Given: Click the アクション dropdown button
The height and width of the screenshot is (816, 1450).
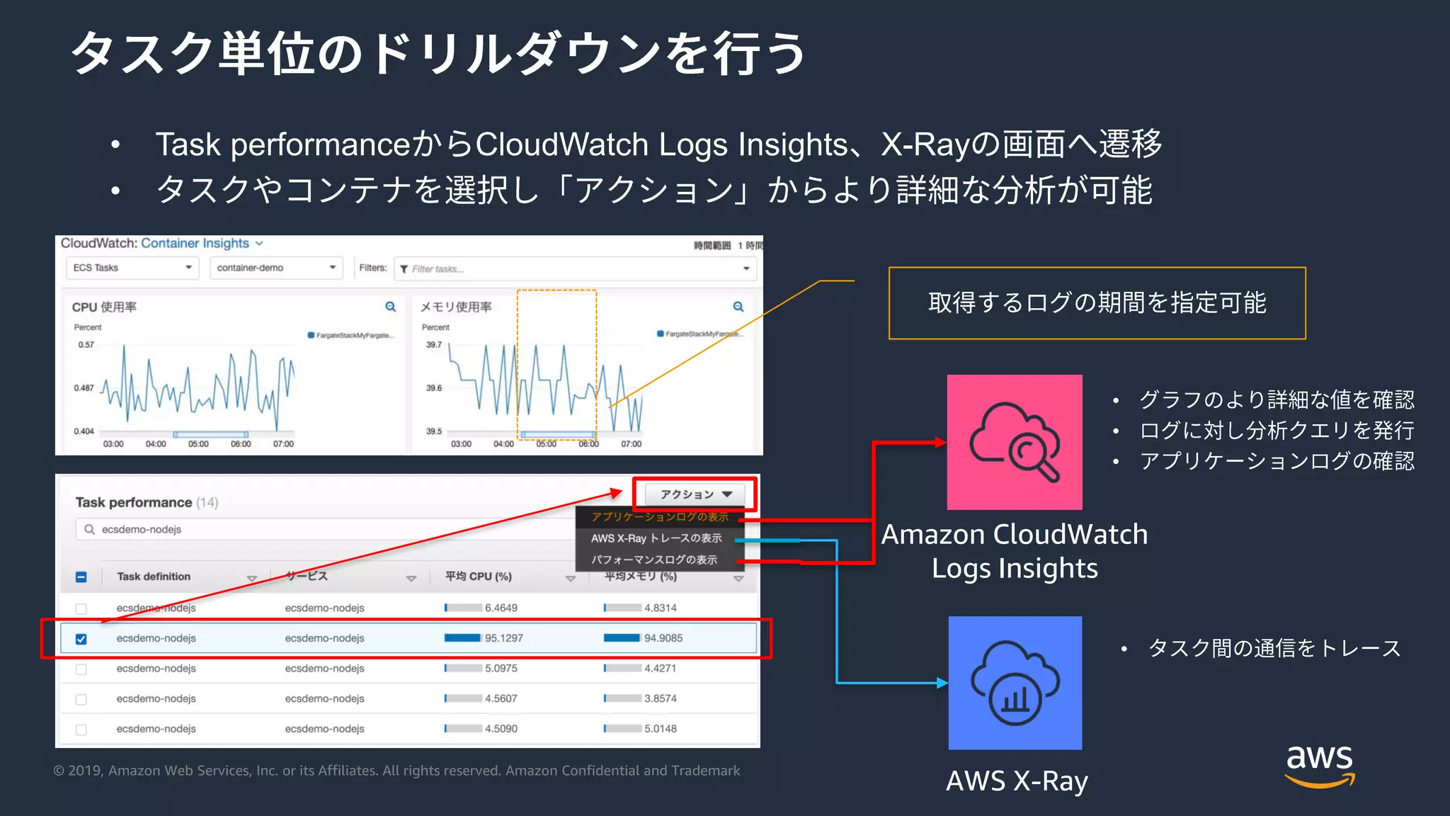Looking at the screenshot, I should (695, 494).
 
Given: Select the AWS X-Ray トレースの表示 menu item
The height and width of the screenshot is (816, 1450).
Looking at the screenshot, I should (656, 538).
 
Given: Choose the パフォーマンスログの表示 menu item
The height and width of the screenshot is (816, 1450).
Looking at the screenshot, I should (654, 560).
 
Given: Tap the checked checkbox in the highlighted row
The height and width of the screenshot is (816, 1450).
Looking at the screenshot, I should (81, 639).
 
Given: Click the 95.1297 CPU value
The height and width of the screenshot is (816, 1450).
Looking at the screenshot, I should (503, 638).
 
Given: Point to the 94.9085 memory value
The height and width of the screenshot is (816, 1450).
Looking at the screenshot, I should (663, 638).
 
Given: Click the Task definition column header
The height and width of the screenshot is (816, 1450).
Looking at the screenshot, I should (154, 577).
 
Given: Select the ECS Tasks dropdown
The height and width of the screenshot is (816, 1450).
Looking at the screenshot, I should (132, 268).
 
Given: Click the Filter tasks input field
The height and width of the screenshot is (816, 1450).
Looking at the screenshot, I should (573, 269).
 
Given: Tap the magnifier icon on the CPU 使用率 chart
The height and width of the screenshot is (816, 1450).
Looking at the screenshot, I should (390, 307).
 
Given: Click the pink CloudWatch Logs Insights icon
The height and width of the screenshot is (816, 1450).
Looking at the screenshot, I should (1015, 442).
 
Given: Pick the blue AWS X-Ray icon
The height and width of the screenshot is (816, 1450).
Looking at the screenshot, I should (1015, 683).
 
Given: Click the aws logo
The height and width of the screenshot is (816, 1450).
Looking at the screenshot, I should (1320, 765).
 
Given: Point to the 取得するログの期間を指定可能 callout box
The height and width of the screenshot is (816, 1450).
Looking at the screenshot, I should (1097, 303).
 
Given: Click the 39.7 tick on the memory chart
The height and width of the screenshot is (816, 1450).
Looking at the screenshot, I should (434, 345).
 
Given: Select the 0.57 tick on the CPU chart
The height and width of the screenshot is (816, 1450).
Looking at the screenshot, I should (86, 345).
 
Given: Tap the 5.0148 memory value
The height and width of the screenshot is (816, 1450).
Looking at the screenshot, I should (660, 729).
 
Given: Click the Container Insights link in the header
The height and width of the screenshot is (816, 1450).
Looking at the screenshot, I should (195, 243).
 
